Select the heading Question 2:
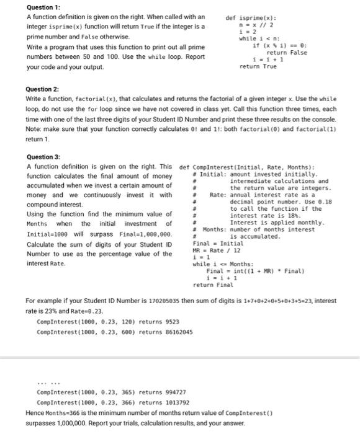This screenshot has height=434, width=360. [45, 89]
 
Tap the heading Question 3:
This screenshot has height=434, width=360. [45, 157]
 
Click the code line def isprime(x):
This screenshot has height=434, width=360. [251, 18]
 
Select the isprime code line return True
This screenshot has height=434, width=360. [258, 66]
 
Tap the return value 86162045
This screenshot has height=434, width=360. [176, 332]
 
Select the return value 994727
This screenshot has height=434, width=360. [176, 392]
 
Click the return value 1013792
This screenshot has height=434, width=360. [177, 402]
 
